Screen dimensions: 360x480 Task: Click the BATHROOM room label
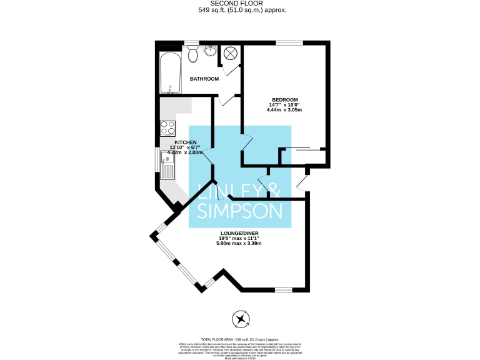coord(204,79)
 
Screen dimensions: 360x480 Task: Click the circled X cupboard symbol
coord(229,54)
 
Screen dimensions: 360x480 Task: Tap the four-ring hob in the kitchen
coord(168,128)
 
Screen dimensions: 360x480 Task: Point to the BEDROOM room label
coord(284,100)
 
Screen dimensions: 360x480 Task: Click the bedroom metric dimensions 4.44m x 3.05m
coord(284,110)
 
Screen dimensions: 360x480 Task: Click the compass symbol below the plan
coord(241,319)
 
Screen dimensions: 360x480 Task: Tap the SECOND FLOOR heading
coord(240,4)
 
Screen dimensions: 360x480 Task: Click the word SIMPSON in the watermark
coord(239,210)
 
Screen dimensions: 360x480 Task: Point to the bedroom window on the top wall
coord(289,42)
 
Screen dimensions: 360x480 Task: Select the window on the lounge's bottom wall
coord(284,289)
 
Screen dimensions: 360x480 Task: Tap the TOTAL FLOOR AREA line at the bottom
coord(240,339)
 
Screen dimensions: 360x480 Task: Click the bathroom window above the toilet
coord(191,42)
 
